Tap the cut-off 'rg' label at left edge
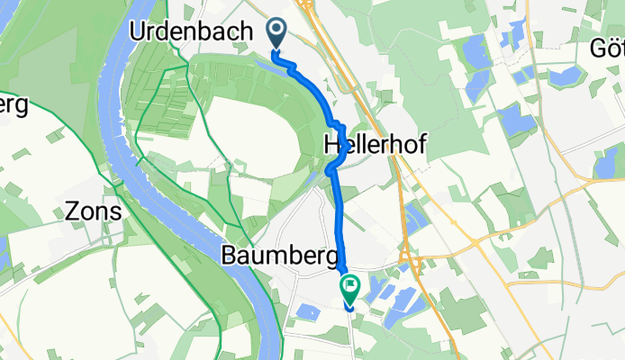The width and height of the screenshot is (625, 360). [13, 105]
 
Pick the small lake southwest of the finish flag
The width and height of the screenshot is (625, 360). [309, 312]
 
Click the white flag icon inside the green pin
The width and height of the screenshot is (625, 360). [349, 285]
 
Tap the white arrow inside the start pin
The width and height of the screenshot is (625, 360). [277, 32]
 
